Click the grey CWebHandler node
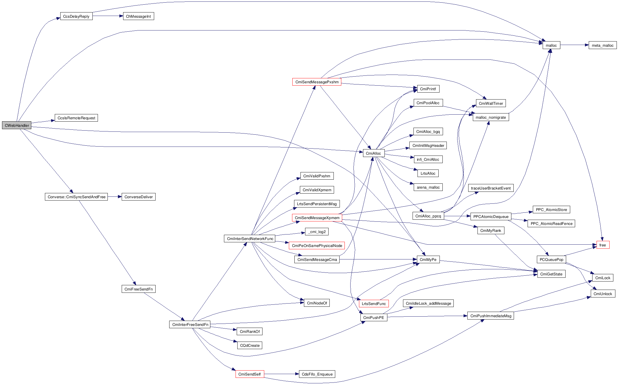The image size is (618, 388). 17,125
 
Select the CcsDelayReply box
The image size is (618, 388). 76,16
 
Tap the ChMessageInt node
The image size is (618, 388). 138,16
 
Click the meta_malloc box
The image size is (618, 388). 602,45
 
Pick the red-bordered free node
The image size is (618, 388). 603,245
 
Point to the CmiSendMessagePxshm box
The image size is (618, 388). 317,82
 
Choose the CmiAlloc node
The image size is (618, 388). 373,153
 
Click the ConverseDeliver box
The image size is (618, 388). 138,197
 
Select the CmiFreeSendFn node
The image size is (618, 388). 138,289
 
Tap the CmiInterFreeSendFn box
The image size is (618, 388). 190,324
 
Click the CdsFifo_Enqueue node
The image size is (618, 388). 317,374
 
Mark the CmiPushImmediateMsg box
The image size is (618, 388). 491,316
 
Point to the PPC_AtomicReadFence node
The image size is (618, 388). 551,223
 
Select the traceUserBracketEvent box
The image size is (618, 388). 491,188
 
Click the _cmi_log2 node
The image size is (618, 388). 317,232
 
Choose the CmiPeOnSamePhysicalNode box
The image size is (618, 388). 317,246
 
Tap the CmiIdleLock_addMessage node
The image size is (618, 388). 428,303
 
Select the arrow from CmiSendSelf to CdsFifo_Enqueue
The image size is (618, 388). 281,374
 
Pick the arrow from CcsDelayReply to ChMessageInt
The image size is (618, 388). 108,16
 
